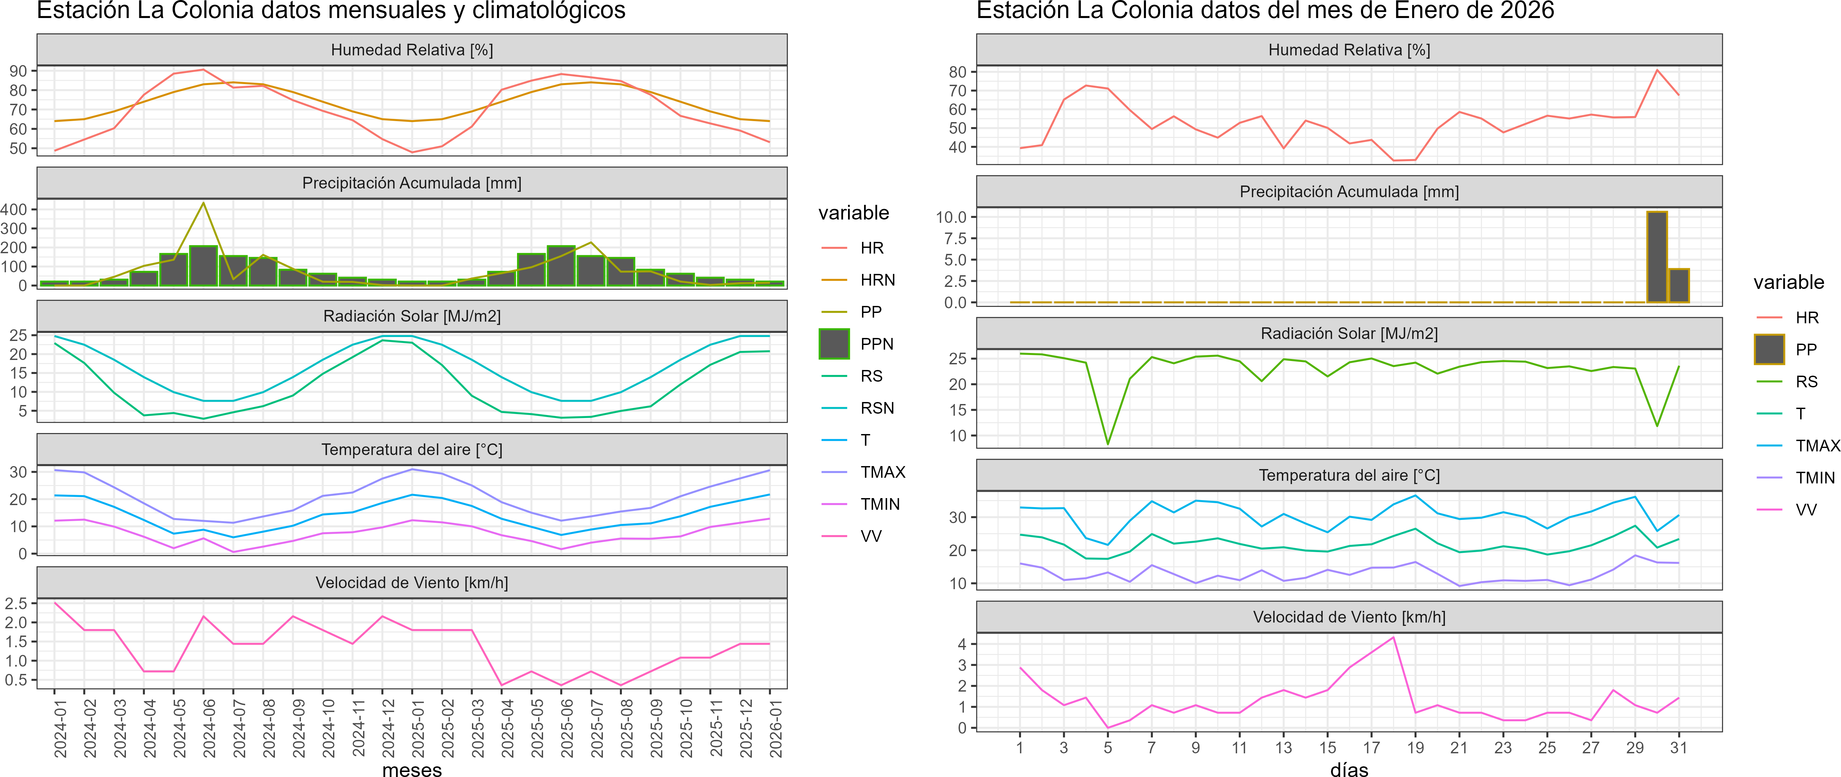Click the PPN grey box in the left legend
pyautogui.click(x=834, y=344)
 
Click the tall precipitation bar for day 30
pyautogui.click(x=1657, y=257)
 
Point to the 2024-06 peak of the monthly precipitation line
pyautogui.click(x=204, y=204)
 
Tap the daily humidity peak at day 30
pyautogui.click(x=1657, y=70)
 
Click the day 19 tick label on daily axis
pyautogui.click(x=1415, y=748)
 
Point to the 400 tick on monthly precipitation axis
pyautogui.click(x=14, y=209)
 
